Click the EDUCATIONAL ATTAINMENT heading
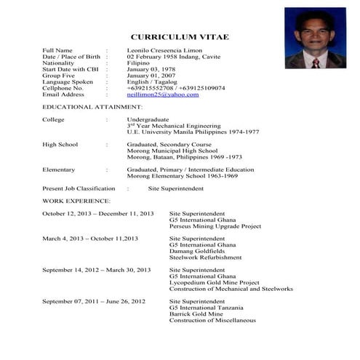[x=87, y=107]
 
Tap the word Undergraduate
[x=148, y=119]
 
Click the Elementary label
[x=58, y=169]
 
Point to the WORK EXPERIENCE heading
[x=76, y=200]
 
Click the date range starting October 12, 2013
[x=97, y=213]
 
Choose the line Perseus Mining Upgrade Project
[x=215, y=226]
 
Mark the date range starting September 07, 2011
[x=94, y=301]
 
